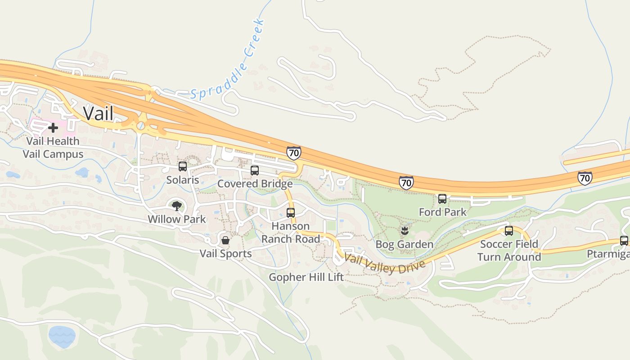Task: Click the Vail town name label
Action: [x=99, y=113]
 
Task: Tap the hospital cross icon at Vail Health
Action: [x=53, y=128]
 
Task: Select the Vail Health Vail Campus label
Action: [x=53, y=148]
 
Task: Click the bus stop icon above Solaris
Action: [x=182, y=166]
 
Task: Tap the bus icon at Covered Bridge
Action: [x=255, y=171]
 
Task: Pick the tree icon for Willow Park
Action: [x=177, y=206]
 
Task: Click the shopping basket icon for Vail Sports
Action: [x=225, y=240]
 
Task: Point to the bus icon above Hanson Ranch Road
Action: [x=291, y=213]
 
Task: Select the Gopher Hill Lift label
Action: [x=306, y=277]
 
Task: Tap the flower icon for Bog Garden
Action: [x=404, y=231]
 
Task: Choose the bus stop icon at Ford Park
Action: [x=442, y=199]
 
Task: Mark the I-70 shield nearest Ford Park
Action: [x=406, y=183]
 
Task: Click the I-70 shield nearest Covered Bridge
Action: [x=293, y=153]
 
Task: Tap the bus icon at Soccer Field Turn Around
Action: [x=508, y=231]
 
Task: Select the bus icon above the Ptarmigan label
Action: [x=624, y=241]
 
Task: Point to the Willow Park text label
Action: [x=177, y=220]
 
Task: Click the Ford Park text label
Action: [x=442, y=212]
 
